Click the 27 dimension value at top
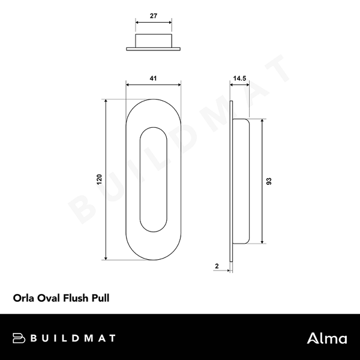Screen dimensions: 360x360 pyautogui.click(x=154, y=18)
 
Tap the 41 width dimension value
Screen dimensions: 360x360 pyautogui.click(x=153, y=78)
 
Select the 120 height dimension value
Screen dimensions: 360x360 pyautogui.click(x=100, y=179)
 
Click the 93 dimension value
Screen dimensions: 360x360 pyautogui.click(x=270, y=181)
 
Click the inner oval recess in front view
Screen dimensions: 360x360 pyautogui.click(x=153, y=180)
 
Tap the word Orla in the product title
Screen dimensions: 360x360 pyautogui.click(x=23, y=296)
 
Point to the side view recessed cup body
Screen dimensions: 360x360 pyautogui.click(x=239, y=181)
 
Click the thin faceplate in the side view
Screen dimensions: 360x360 pyautogui.click(x=231, y=180)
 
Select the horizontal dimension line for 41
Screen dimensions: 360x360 pyautogui.click(x=153, y=85)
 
